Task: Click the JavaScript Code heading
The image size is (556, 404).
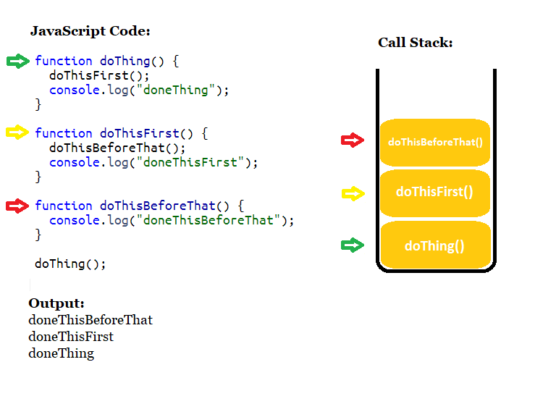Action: (x=90, y=31)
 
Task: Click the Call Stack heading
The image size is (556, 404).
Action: (x=415, y=43)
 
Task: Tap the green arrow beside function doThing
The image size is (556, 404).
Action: (x=18, y=62)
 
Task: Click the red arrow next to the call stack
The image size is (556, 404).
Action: (x=353, y=140)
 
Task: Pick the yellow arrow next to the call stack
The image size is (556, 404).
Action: (x=353, y=193)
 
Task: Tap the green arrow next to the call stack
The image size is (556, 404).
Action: (x=353, y=245)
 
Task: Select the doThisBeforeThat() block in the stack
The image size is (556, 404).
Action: (x=435, y=142)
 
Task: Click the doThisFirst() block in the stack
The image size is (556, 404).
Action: (x=435, y=192)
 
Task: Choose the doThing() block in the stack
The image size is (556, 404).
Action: (x=435, y=245)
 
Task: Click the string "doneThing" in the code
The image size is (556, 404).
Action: (x=178, y=91)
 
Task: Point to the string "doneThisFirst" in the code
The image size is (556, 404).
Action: (x=193, y=162)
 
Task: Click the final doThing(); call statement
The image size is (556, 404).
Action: (x=70, y=264)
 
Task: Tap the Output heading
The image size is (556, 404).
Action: (x=56, y=303)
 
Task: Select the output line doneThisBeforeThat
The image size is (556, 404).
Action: (x=90, y=320)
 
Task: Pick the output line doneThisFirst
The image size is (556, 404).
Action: (x=71, y=337)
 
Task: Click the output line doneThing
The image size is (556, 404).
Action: (x=62, y=353)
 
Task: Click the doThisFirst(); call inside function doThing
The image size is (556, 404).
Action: (x=99, y=75)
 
